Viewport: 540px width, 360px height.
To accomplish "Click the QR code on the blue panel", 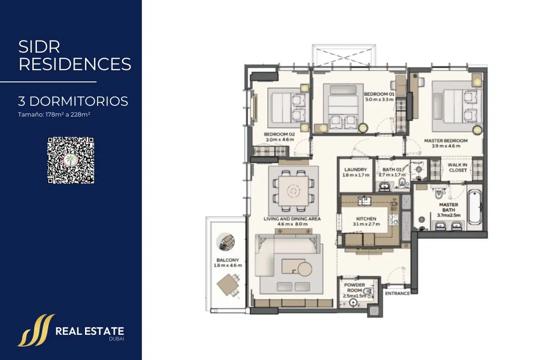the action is coord(71,160).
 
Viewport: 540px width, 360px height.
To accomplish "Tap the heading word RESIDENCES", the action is coord(75,64).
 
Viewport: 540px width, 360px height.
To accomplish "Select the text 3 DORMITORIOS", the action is coord(73,101).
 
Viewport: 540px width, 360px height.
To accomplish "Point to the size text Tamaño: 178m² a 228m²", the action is coord(54,114).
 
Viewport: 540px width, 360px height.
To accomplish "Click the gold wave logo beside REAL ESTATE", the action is coord(36,330).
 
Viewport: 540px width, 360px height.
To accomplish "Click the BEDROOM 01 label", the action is coord(379,94).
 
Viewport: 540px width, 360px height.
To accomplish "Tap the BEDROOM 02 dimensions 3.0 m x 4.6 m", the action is coord(279,139).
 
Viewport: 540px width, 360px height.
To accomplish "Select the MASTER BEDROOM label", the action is coord(446,140).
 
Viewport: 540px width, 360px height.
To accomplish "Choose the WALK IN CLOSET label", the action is coord(458,167).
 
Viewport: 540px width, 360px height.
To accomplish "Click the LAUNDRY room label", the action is coord(355,170).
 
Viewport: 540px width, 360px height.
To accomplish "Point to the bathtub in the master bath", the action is coord(474,207).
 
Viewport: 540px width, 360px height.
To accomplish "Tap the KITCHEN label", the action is coord(366,219).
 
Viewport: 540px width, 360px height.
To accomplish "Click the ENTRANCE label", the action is coord(397,293).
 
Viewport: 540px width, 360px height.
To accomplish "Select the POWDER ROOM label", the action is coord(355,288).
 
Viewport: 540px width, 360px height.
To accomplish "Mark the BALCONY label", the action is coord(228,260).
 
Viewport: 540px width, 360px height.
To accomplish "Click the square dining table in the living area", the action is coord(293,191).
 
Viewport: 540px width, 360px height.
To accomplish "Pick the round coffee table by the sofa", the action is coord(305,269).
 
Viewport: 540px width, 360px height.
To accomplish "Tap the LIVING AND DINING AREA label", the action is coord(292,219).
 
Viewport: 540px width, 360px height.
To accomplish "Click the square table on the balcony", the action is coord(228,285).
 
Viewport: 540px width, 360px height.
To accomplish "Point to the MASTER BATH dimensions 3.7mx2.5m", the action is coord(449,215).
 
